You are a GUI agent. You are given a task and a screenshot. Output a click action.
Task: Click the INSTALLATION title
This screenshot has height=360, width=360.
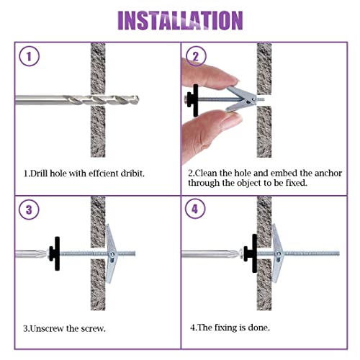coord(180,20)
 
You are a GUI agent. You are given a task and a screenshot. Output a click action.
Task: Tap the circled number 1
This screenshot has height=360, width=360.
coord(29,56)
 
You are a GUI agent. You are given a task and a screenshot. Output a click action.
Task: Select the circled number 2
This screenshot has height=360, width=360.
coord(196,56)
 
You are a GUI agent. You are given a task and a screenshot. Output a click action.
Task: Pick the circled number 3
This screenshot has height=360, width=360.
coord(29,210)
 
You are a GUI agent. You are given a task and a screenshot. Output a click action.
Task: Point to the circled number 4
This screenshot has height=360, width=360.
coord(195,209)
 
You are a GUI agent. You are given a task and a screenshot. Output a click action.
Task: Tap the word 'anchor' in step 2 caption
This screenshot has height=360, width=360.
coord(328,173)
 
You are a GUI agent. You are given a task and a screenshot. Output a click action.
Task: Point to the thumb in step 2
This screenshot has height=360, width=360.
coord(211,135)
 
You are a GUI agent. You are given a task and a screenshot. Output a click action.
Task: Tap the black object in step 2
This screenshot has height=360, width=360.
coord(194,100)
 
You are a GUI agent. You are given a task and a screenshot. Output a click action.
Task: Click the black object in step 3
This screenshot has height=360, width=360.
coord(55,253)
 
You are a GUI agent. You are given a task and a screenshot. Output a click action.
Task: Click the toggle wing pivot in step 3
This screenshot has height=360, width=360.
coord(112,254)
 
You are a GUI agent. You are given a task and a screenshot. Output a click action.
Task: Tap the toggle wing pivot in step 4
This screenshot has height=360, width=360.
coord(279,253)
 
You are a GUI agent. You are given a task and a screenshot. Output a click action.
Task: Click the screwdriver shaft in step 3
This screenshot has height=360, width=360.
coord(30,254)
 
